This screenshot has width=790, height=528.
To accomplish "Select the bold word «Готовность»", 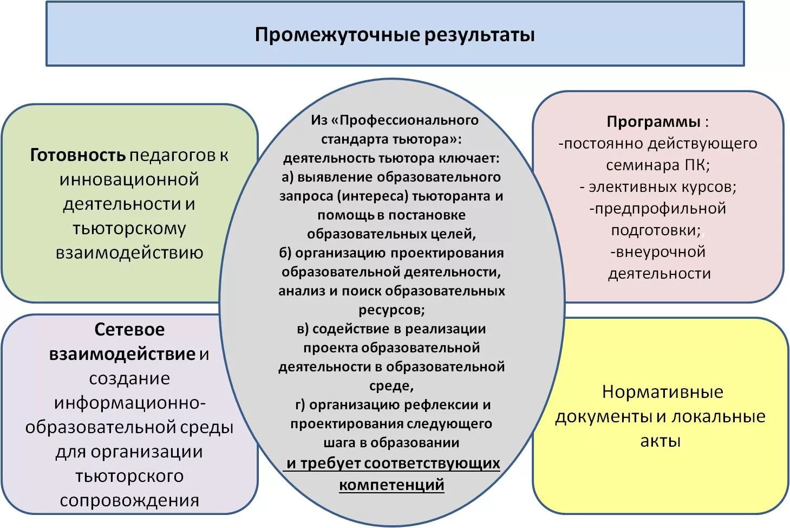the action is coord(78,155).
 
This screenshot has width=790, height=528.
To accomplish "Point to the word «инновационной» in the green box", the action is coord(129,179).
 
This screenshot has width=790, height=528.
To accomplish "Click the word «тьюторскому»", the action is coord(129,228).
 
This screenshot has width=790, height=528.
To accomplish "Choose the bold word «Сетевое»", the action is coord(129,330).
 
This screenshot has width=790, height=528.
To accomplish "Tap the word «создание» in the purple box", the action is coord(129,378).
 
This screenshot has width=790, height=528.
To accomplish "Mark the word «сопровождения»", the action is coord(129,500).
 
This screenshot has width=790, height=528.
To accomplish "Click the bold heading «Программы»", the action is coord(653,121).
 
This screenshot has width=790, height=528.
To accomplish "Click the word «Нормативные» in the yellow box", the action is coord(662,392).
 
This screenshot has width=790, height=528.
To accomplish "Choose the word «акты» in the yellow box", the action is coord(660,441).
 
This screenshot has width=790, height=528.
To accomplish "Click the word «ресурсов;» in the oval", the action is coord(391,310).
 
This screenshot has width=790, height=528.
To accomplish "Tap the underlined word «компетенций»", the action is coord(391,484).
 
